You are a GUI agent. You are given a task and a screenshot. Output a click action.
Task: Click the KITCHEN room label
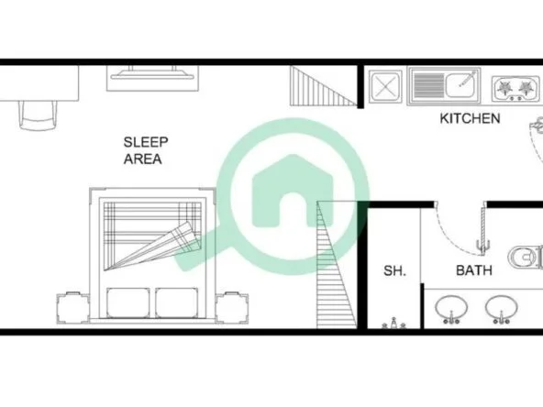(470, 118)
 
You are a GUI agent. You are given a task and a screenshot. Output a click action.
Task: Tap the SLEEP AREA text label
(146, 150)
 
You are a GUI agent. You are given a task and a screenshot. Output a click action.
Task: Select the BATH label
(474, 270)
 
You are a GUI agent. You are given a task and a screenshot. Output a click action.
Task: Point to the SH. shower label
(394, 270)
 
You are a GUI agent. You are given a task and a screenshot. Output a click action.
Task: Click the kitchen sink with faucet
(445, 86)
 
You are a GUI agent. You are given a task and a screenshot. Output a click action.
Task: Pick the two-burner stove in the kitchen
(515, 88)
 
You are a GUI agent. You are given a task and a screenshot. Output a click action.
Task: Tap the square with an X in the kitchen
(385, 86)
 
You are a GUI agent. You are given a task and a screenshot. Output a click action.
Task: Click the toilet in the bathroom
(526, 257)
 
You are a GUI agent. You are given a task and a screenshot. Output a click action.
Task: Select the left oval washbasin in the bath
(451, 309)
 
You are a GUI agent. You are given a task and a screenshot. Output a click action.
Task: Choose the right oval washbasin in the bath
(502, 309)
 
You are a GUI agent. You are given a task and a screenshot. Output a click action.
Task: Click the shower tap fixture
(393, 324)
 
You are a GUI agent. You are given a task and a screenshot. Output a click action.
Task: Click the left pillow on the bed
(128, 302)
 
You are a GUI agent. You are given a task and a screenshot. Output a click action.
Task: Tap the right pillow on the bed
(177, 302)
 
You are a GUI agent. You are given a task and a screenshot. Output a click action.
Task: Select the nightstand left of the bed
(73, 308)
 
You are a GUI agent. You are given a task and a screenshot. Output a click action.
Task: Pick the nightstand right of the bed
(232, 308)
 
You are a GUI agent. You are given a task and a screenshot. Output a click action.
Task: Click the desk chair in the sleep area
(39, 115)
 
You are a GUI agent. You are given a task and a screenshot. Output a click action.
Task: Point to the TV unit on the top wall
(152, 78)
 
